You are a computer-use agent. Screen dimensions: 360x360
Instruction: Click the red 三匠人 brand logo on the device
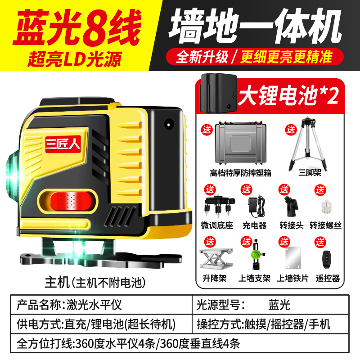click(x=63, y=144)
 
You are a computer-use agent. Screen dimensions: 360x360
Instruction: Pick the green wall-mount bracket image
click(x=257, y=254)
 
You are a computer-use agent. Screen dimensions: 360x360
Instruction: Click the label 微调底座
click(x=217, y=225)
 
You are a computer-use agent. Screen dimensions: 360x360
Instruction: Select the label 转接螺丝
click(x=325, y=225)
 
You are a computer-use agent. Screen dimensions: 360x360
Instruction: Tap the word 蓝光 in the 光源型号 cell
click(x=279, y=305)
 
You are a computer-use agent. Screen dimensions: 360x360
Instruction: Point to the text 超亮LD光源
click(x=74, y=59)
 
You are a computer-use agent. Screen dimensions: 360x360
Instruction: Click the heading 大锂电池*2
click(x=288, y=95)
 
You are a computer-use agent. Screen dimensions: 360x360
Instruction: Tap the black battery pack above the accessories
click(x=218, y=93)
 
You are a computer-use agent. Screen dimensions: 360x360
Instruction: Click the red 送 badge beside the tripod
click(x=291, y=130)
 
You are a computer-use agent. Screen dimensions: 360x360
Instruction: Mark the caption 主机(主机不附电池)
click(x=95, y=282)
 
